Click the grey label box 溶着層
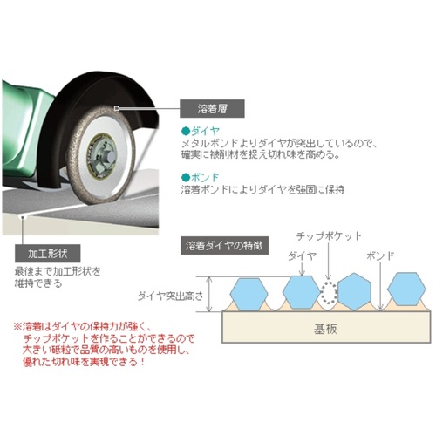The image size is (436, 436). (212, 109)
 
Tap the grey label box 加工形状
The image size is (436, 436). (48, 254)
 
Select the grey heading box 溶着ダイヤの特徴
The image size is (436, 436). (224, 246)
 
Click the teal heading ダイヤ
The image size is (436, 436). (205, 131)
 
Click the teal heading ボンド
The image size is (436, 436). (205, 177)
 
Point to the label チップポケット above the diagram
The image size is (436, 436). (329, 236)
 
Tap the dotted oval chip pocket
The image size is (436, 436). (329, 293)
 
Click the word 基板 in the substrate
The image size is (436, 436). (325, 329)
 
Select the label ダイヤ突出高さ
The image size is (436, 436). (170, 296)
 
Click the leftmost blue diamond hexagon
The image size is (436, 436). (249, 294)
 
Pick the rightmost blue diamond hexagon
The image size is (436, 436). (406, 289)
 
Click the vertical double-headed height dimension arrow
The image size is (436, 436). (209, 294)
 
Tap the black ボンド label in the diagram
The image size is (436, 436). (380, 255)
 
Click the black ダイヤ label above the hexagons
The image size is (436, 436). (303, 255)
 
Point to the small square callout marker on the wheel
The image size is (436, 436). (117, 108)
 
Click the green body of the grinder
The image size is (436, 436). (24, 131)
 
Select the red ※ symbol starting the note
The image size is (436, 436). (17, 327)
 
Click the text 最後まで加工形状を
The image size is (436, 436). (58, 271)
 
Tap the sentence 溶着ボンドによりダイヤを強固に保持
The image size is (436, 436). (262, 189)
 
